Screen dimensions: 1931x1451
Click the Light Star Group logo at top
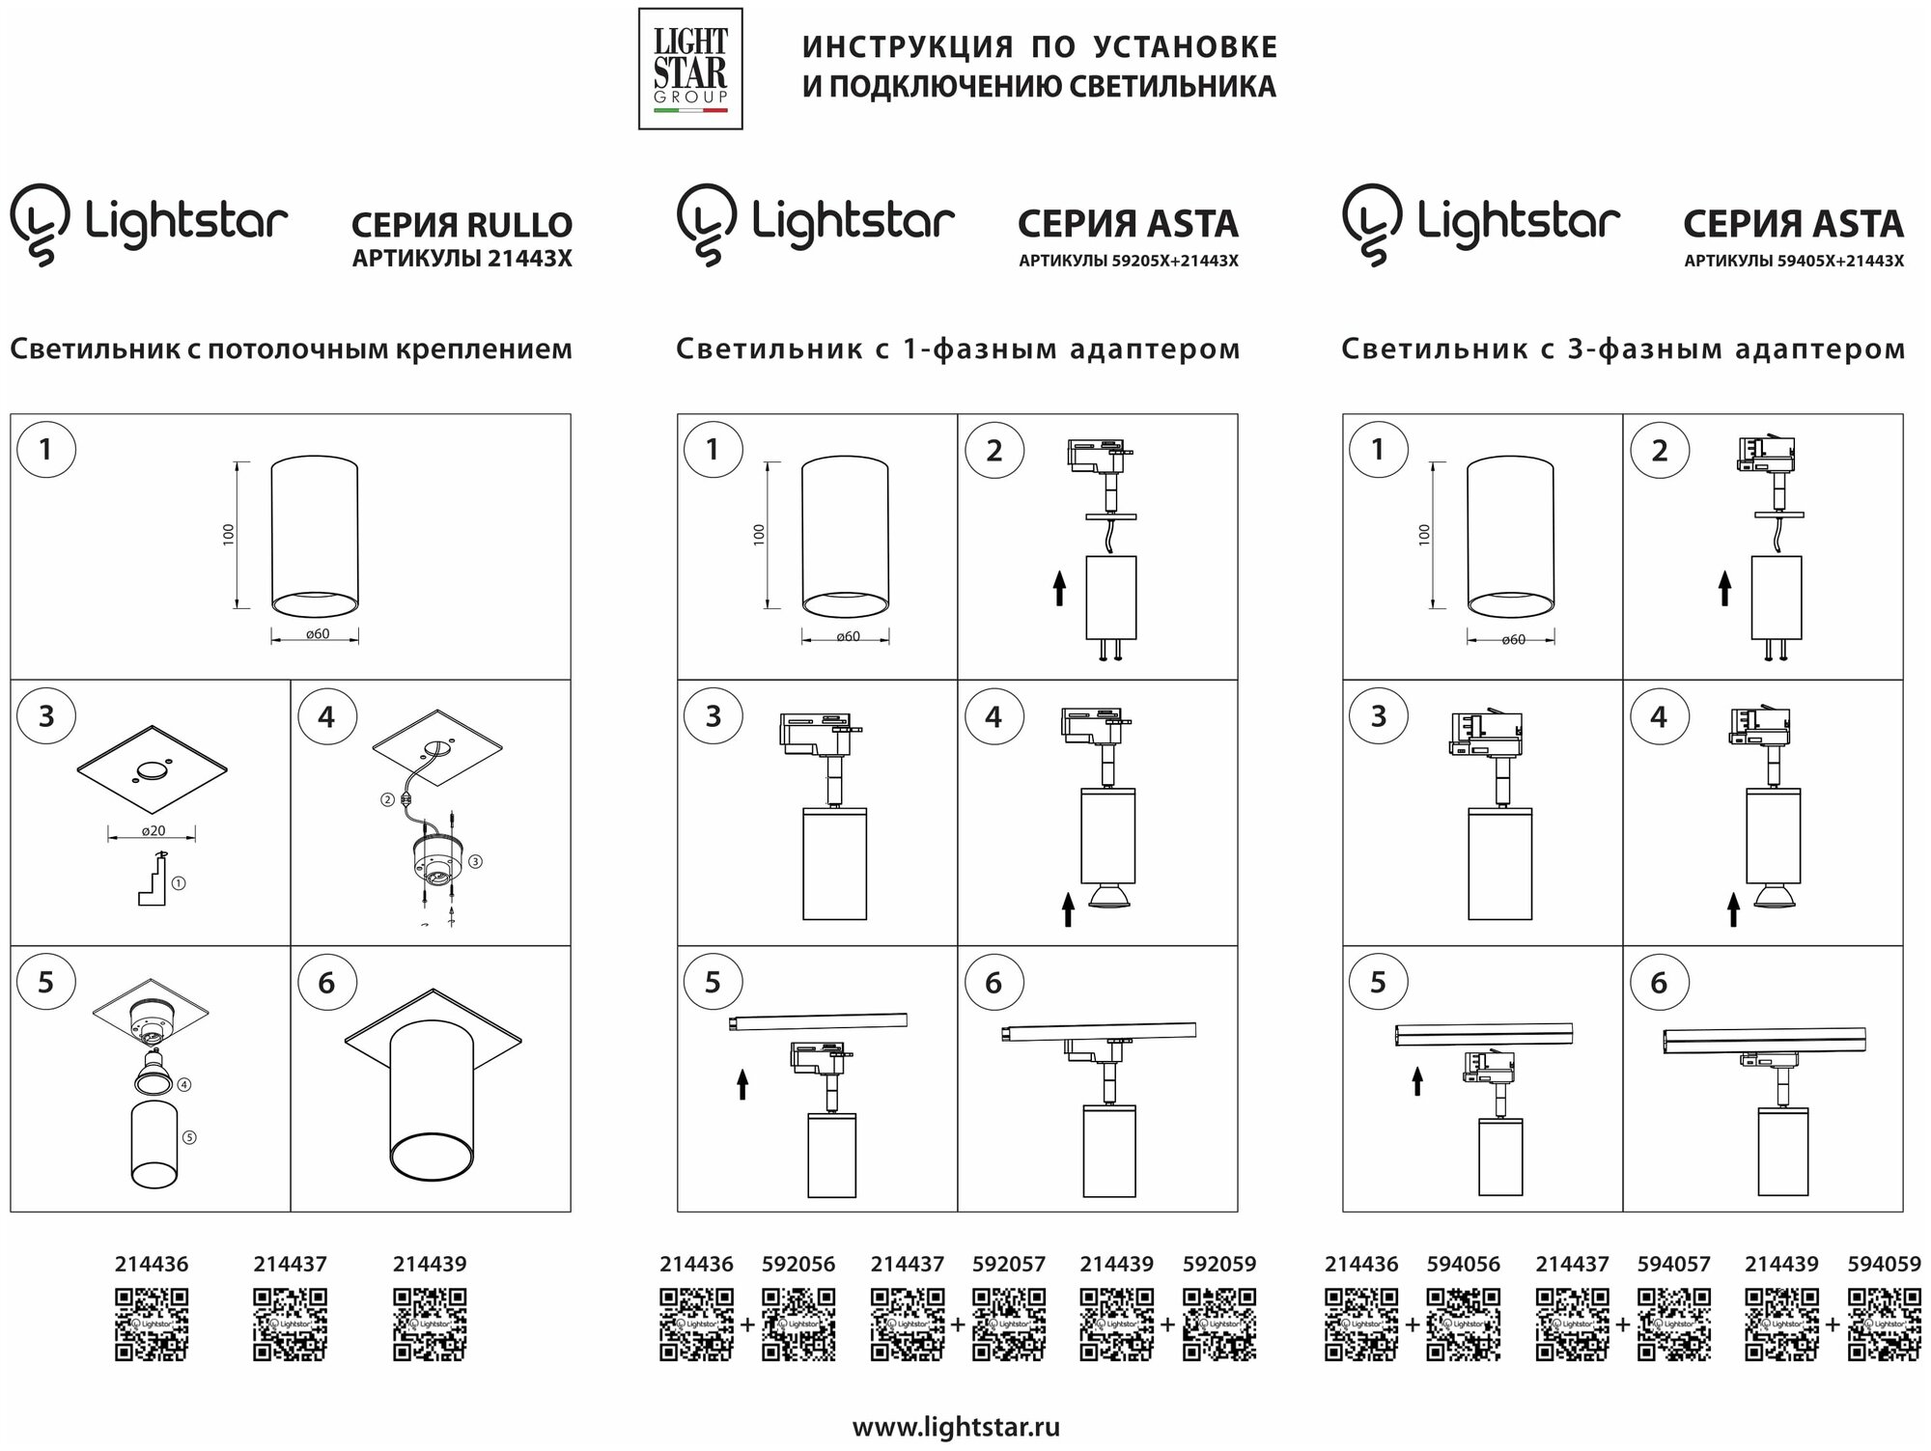coord(690,69)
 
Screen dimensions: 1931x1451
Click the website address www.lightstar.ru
coord(955,1428)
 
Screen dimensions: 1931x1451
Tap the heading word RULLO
coord(518,225)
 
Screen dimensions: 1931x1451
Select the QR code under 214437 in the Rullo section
coord(290,1325)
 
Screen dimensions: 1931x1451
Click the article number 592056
coord(798,1264)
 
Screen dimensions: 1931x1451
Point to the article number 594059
coord(1884,1264)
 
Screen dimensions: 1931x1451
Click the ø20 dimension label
coord(154,831)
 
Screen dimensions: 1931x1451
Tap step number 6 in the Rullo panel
coord(326,983)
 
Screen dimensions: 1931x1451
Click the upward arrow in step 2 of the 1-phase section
coord(1059,587)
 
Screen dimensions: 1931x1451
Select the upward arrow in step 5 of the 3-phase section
coord(1416,1080)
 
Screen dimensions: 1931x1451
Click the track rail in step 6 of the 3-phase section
coord(1763,1040)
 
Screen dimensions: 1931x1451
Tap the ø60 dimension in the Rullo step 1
coord(317,634)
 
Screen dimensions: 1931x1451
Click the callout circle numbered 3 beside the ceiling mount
coord(476,861)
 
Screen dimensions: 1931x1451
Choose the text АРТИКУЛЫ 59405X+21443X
coord(1794,261)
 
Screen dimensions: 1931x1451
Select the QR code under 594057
coord(1673,1325)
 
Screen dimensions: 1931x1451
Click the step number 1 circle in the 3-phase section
coord(1378,450)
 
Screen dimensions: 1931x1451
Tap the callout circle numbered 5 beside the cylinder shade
coord(189,1137)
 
